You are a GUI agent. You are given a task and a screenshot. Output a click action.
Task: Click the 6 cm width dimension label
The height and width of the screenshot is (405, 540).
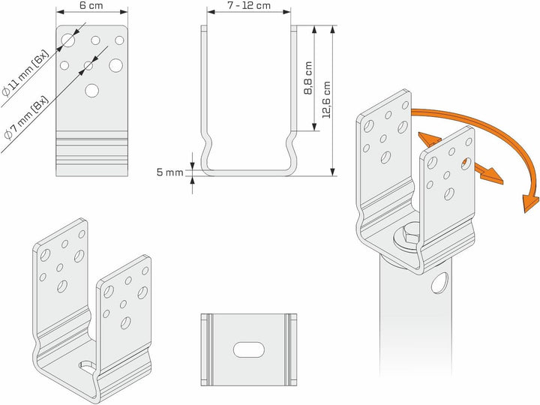(x=92, y=6)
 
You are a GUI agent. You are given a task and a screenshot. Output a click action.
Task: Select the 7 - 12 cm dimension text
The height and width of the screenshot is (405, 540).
(x=248, y=6)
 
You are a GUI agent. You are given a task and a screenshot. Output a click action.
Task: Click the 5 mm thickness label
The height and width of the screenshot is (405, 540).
(x=169, y=172)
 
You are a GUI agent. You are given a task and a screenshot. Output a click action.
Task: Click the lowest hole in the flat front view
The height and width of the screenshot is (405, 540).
(x=91, y=91)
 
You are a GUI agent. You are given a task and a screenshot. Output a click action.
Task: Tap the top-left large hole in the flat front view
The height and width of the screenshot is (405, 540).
(x=69, y=39)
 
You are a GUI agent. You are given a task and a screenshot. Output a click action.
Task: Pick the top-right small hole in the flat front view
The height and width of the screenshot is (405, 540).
(x=118, y=40)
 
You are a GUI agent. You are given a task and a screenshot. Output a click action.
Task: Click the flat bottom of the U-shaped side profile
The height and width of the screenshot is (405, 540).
(x=248, y=172)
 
